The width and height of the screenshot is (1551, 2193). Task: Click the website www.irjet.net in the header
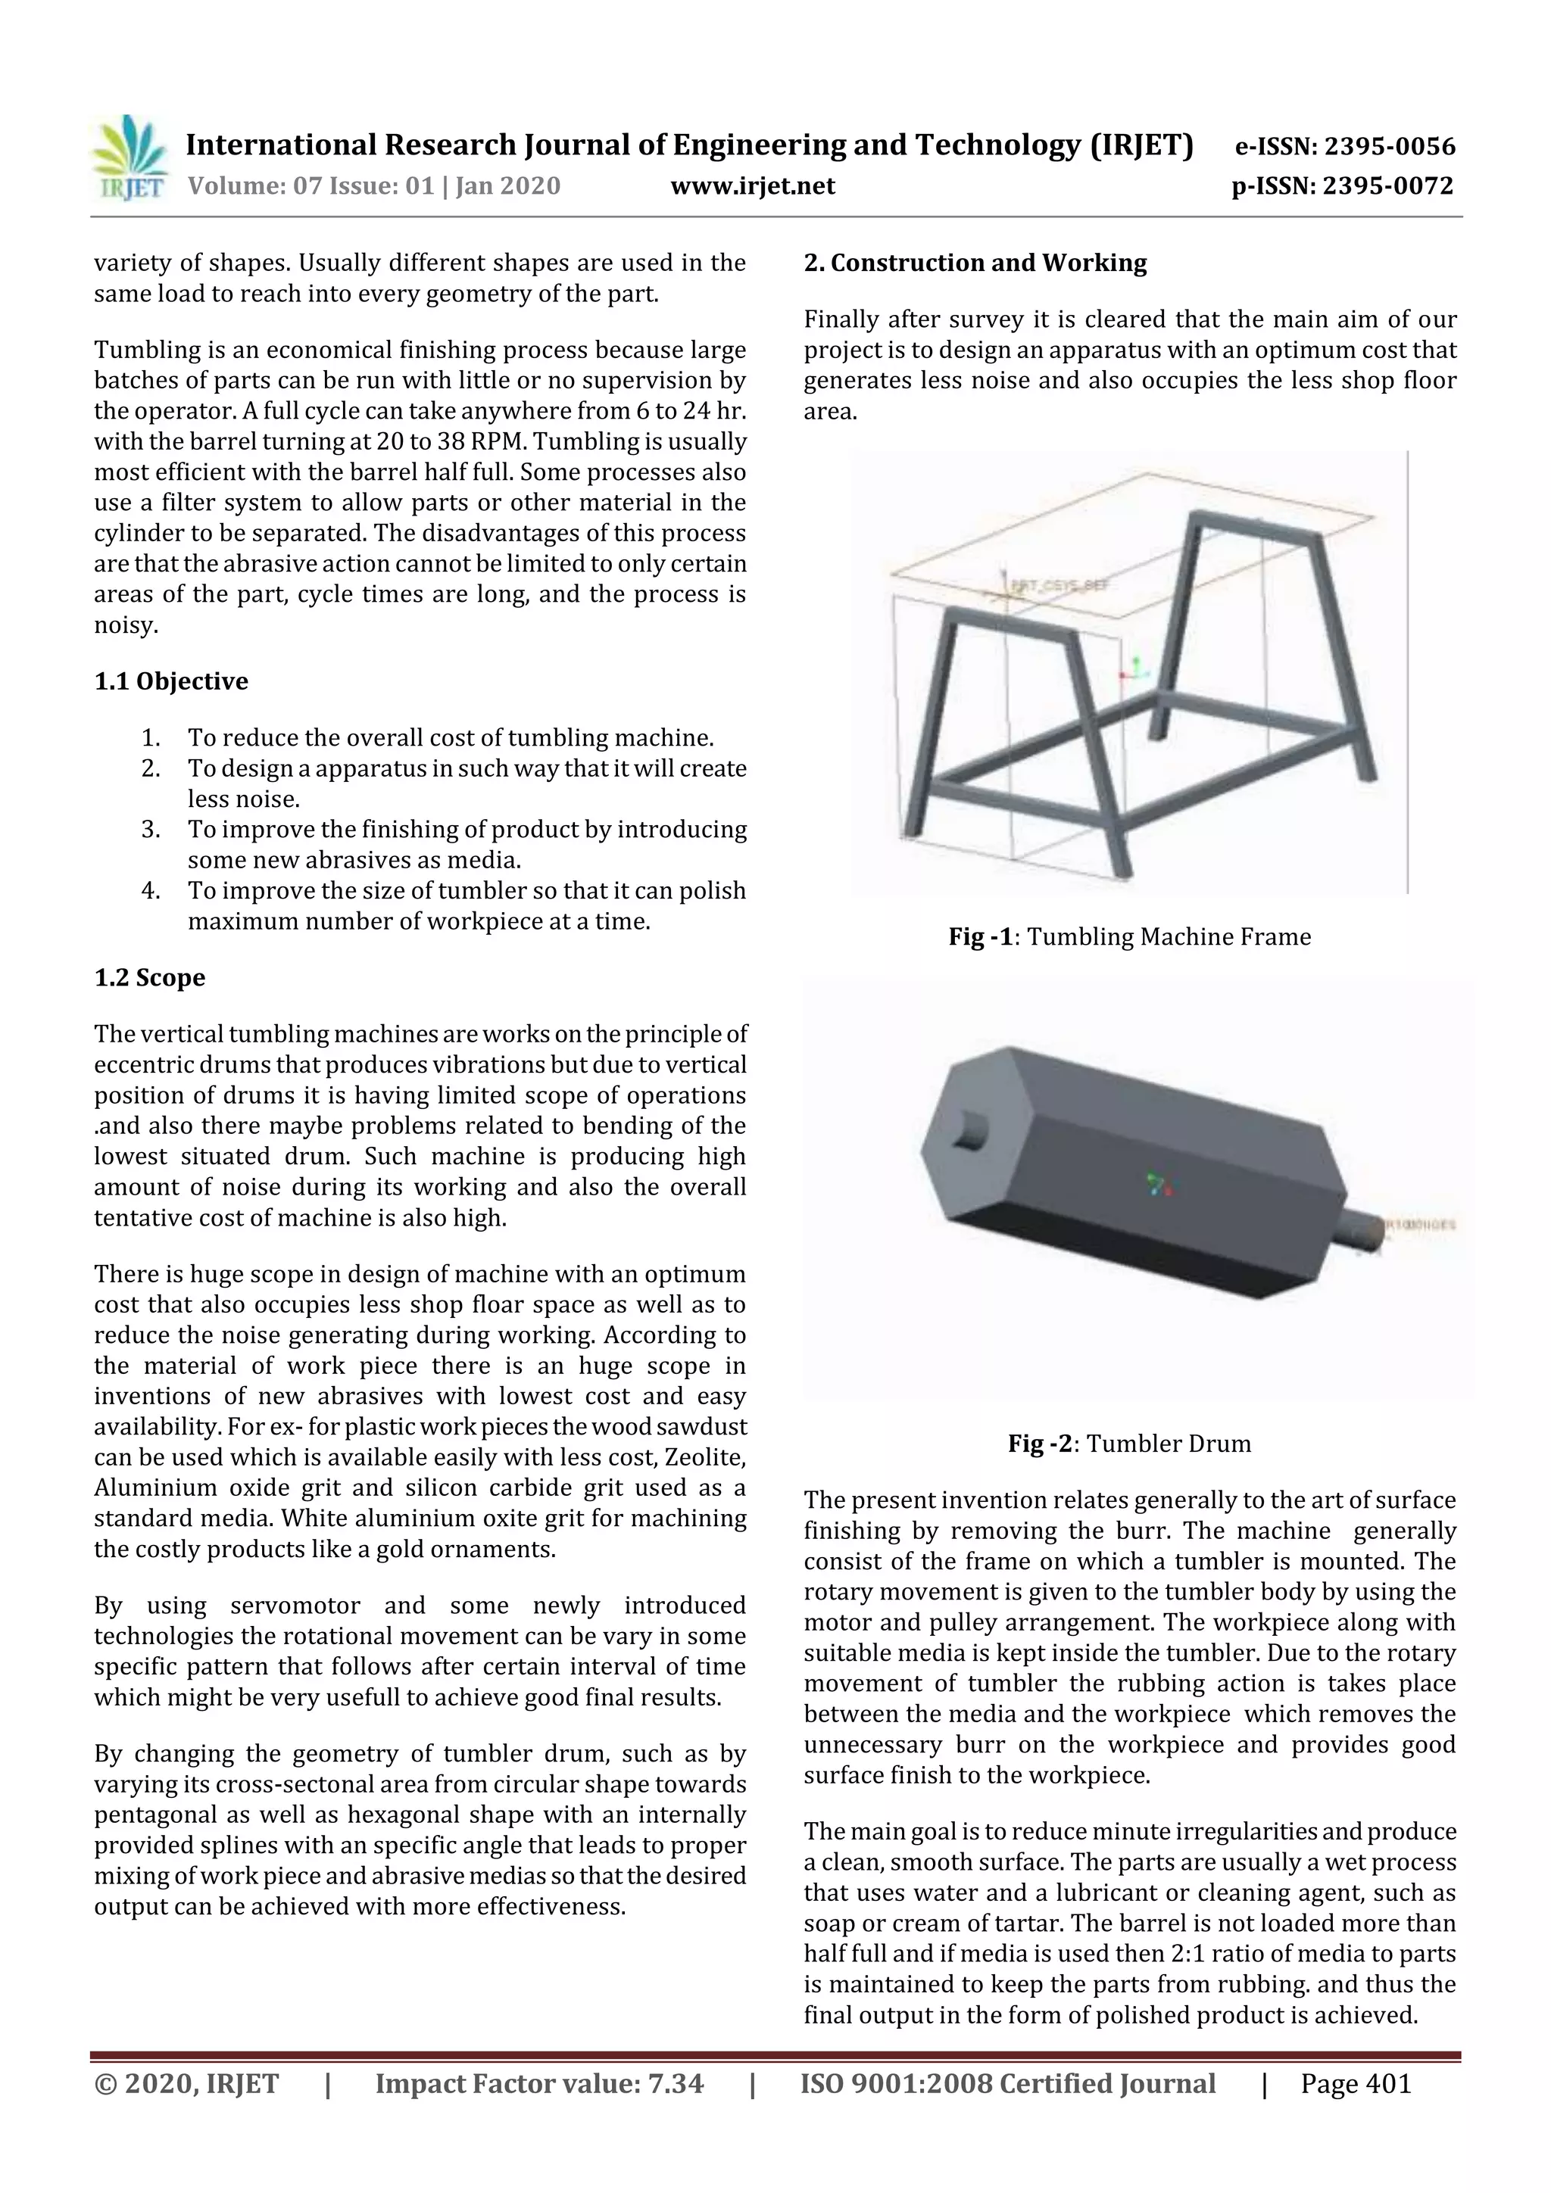[x=752, y=185]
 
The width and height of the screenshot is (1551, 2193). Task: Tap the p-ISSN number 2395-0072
[x=1387, y=186]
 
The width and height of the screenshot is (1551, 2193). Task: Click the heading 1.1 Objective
[x=171, y=681]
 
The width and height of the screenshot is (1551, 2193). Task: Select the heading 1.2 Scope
[x=150, y=977]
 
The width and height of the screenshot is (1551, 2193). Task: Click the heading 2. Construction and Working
[x=975, y=263]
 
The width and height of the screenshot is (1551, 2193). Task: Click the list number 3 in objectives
[x=151, y=829]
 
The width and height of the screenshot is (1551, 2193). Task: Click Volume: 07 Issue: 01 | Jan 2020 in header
[x=373, y=185]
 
